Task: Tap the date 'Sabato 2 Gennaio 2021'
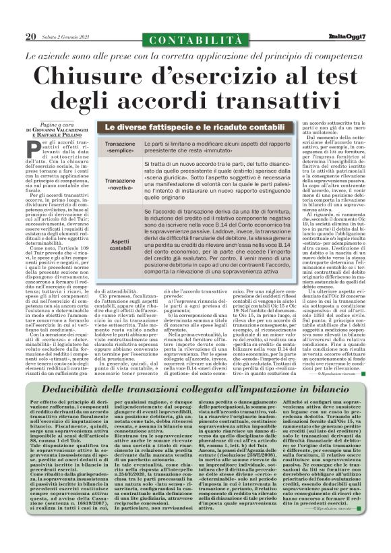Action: coord(67,37)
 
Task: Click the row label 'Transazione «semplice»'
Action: coord(119,149)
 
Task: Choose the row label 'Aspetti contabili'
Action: coord(119,245)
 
